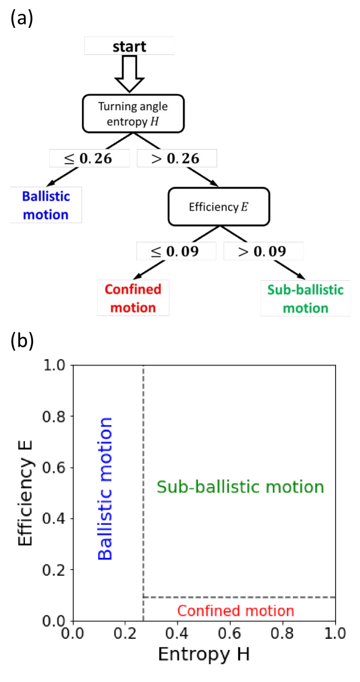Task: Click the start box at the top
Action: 129,46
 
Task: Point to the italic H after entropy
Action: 155,122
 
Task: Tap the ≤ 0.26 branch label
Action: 89,158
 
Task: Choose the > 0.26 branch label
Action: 176,158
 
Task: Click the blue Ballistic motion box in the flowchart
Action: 46,205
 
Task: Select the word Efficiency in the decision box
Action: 214,207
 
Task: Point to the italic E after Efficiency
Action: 245,207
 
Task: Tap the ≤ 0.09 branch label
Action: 176,251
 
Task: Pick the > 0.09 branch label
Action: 263,251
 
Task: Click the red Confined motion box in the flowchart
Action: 133,299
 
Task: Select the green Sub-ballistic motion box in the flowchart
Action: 306,299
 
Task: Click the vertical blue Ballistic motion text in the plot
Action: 105,488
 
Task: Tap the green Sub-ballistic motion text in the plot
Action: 240,487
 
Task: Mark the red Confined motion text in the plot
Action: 235,610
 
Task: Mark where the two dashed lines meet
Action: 143,597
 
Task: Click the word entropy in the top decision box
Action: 125,122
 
